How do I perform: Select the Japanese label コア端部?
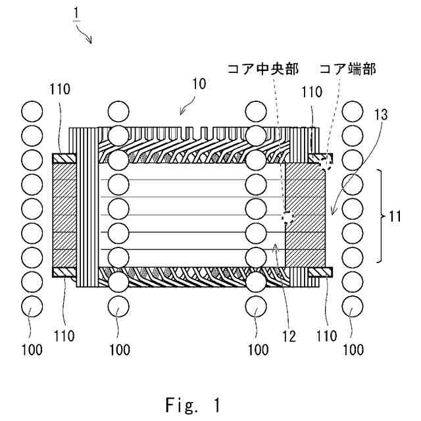pyautogui.click(x=346, y=68)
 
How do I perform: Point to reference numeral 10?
pyautogui.click(x=198, y=84)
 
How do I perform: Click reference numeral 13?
pyautogui.click(x=381, y=114)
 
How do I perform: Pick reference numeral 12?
pyautogui.click(x=289, y=335)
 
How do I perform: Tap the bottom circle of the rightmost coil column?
pyautogui.click(x=353, y=307)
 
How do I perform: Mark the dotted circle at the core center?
pyautogui.click(x=286, y=218)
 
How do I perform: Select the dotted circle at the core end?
pyautogui.click(x=324, y=161)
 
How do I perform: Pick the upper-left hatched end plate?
pyautogui.click(x=64, y=159)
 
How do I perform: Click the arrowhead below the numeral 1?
pyautogui.click(x=90, y=41)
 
